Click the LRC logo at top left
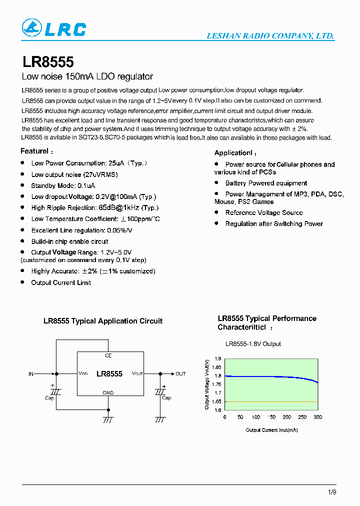click(x=54, y=29)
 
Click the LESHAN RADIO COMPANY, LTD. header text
click(x=270, y=36)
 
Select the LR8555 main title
click(x=48, y=62)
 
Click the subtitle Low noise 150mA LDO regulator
click(x=87, y=77)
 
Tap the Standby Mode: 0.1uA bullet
click(x=63, y=185)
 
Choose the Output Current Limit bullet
click(x=61, y=282)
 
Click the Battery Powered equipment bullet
click(x=266, y=183)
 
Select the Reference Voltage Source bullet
click(x=264, y=212)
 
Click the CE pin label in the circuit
click(x=108, y=355)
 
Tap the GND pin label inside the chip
click(x=108, y=393)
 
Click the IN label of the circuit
click(x=31, y=374)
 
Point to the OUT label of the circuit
click(x=180, y=374)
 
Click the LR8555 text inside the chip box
click(x=109, y=374)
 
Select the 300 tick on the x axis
click(x=317, y=417)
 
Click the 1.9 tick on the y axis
click(x=218, y=359)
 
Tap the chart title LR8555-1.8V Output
click(x=253, y=344)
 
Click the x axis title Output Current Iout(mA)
click(x=271, y=430)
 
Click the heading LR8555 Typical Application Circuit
click(x=103, y=321)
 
